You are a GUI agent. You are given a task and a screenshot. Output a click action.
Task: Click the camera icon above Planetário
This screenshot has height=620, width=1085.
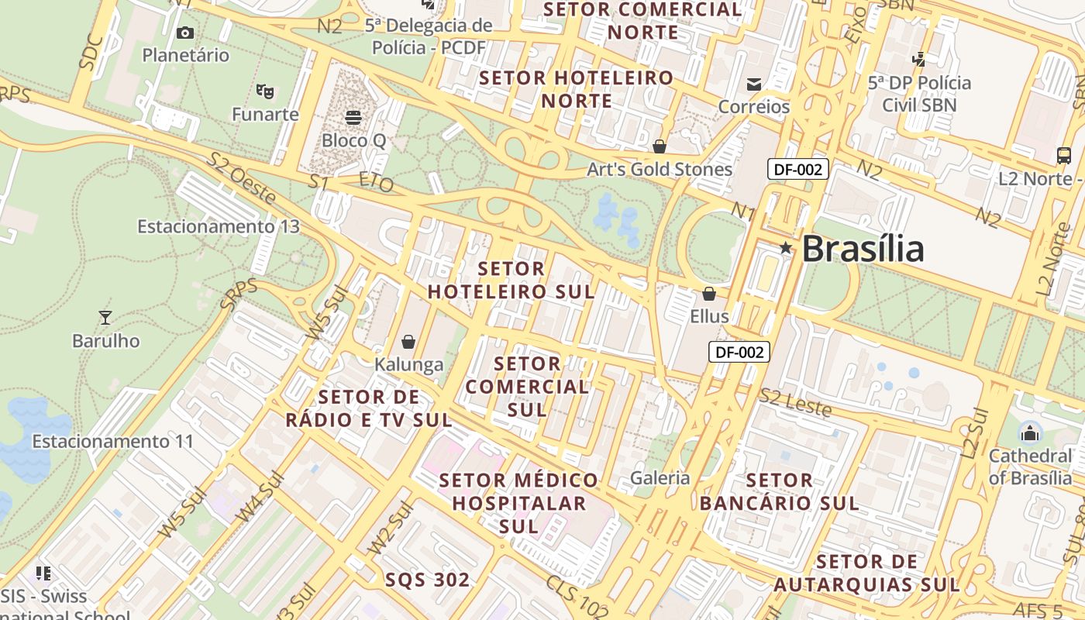[184, 33]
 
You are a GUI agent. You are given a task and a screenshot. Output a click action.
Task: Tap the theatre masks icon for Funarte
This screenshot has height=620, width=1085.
[265, 91]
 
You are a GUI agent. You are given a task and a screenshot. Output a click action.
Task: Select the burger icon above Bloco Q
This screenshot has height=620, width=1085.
[353, 118]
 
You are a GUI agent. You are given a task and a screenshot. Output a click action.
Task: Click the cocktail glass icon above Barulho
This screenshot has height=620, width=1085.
[105, 318]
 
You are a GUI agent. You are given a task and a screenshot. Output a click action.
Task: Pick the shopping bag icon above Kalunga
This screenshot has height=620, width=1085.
[408, 342]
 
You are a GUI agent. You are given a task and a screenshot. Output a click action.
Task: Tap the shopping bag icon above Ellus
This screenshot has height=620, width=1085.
[708, 294]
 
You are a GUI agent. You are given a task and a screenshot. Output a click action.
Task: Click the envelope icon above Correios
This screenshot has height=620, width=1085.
[753, 84]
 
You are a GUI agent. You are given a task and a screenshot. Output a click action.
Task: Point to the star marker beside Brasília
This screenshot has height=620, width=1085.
[786, 248]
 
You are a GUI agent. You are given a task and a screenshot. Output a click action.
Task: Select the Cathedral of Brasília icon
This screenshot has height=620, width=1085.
[1029, 432]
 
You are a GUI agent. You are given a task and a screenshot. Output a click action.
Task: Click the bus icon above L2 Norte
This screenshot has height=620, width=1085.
[1064, 156]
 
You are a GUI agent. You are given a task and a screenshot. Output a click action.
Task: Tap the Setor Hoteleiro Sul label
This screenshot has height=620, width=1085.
[511, 281]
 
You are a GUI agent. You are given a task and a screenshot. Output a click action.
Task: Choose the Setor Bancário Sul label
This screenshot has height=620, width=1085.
[779, 492]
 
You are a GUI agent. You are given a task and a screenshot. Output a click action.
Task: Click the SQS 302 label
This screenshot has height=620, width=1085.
[427, 580]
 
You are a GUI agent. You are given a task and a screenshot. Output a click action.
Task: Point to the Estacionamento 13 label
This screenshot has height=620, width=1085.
[218, 226]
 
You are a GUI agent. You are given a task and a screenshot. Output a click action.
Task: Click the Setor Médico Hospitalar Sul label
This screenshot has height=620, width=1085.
[518, 503]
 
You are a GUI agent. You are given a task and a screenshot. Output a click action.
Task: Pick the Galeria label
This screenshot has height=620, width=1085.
[660, 477]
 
